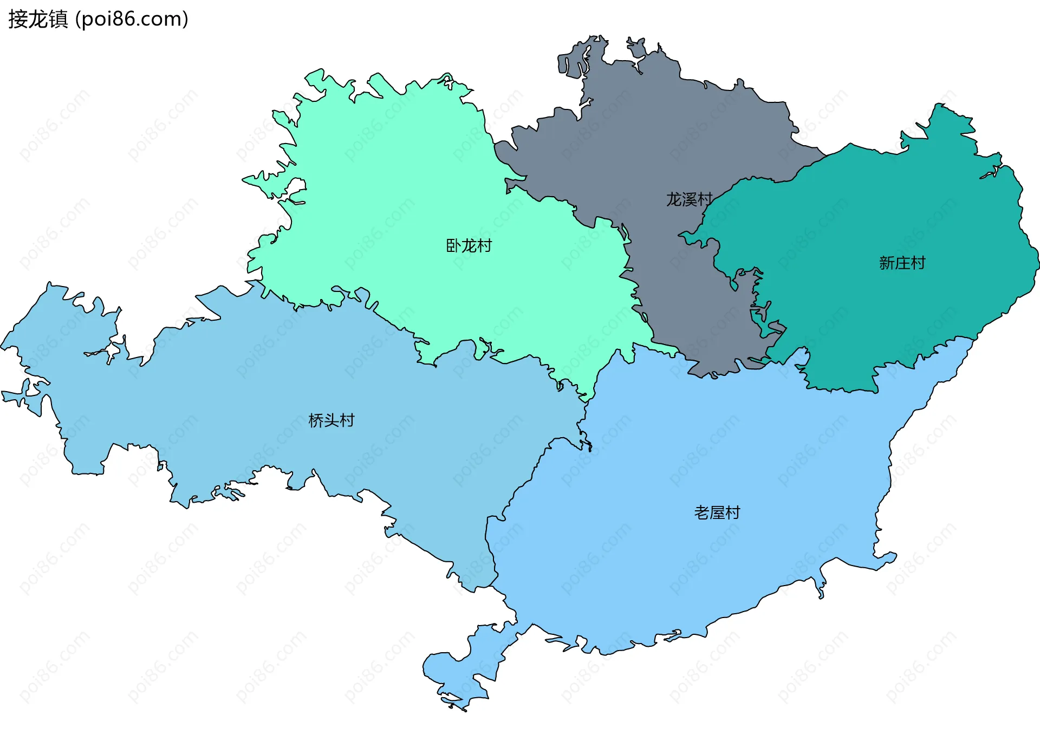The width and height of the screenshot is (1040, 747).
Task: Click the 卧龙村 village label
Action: (x=469, y=246)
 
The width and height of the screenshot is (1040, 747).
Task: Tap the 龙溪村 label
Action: (x=689, y=199)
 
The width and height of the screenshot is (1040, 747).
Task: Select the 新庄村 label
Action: (x=902, y=263)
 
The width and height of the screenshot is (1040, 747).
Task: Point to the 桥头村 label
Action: (x=331, y=420)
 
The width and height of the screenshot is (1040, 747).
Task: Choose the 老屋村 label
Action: (x=717, y=512)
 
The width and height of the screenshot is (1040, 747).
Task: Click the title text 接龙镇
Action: (x=38, y=20)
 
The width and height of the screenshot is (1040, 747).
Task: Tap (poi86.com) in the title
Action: (x=132, y=20)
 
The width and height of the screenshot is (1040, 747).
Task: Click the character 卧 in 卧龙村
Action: (x=453, y=246)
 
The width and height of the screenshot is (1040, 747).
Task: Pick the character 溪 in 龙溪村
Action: (x=689, y=199)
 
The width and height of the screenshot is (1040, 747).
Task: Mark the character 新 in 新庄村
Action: (x=887, y=263)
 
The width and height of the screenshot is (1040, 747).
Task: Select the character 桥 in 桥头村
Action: (x=316, y=420)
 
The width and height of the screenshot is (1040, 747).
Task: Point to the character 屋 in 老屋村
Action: (x=717, y=512)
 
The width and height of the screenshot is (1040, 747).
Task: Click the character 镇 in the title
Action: (x=58, y=20)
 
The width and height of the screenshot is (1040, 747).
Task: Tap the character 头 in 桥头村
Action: (x=331, y=420)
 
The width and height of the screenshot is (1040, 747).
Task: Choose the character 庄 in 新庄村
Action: (x=902, y=263)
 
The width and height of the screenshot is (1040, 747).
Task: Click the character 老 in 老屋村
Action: (x=702, y=512)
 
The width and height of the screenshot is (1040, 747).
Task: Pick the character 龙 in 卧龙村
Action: (x=469, y=246)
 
